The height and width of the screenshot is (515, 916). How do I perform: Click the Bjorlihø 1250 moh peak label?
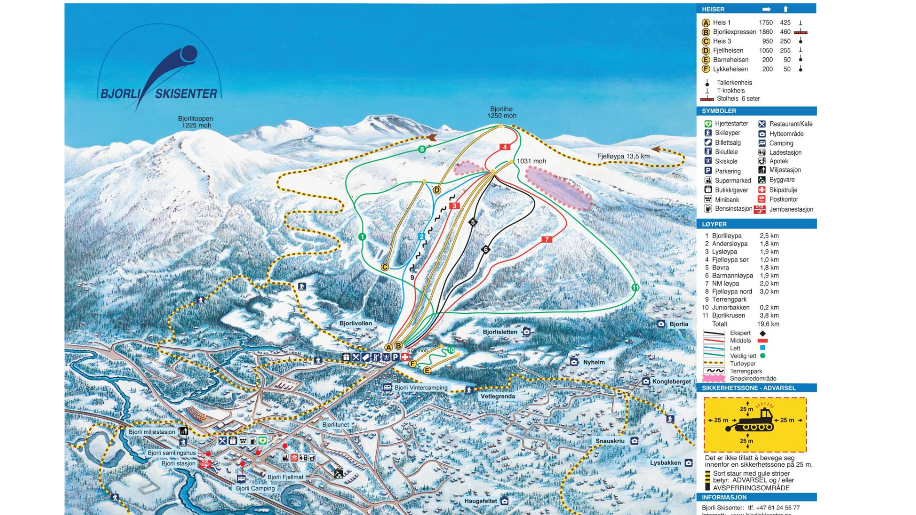coord(501,112)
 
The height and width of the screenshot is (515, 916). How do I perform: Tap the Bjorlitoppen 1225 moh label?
coord(195,122)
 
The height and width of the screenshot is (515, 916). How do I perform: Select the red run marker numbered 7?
coord(547,239)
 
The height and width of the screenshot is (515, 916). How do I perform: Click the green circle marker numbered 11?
coord(635,288)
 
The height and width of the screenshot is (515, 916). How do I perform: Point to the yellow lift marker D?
coord(437,190)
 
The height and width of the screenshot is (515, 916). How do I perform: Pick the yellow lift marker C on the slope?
coord(385,267)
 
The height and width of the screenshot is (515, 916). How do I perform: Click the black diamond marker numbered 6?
coord(486,249)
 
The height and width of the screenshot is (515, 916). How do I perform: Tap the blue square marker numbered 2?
coord(421,236)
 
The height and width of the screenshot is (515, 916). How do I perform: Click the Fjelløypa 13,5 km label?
coord(623,156)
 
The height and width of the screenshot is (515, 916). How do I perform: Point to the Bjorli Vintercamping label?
coord(420,387)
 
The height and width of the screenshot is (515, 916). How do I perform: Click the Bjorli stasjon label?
coord(178,463)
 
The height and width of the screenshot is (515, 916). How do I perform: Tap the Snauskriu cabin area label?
coord(610,441)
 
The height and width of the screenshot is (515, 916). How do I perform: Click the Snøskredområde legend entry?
coord(753,378)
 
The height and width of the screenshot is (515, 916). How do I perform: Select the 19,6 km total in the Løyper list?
coord(767,324)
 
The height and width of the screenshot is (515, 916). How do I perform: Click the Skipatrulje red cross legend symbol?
coord(762,190)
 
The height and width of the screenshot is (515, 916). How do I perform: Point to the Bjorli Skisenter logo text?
coord(159,94)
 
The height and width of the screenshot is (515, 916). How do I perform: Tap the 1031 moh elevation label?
coord(531,161)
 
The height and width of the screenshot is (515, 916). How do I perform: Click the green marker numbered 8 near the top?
coord(422,150)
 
